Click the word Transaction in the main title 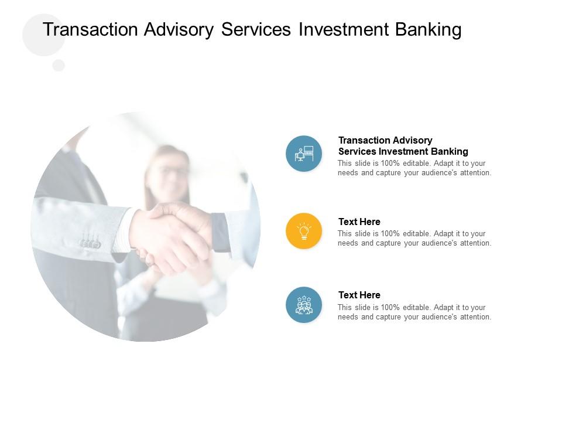[90, 29]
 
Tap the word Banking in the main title [429, 30]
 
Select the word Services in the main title [256, 29]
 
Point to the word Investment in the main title [344, 29]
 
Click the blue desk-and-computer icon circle [304, 154]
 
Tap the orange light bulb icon [304, 231]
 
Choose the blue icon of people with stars [304, 305]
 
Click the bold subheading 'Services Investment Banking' [403, 151]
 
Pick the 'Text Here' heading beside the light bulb [359, 222]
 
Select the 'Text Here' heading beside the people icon [359, 295]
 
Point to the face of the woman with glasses [167, 173]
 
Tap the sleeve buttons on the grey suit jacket [90, 244]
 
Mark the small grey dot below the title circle [59, 65]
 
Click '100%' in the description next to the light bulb [390, 234]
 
